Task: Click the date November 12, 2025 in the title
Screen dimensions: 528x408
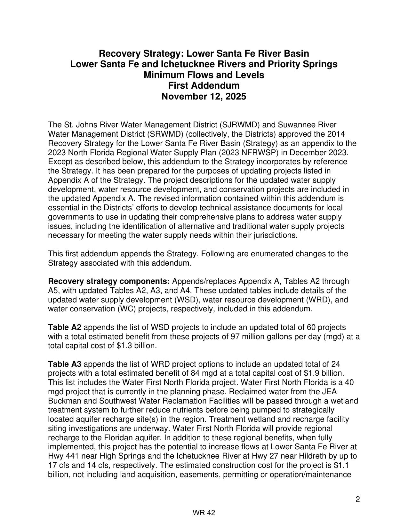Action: pyautogui.click(x=204, y=97)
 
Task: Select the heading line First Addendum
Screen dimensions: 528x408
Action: pyautogui.click(x=204, y=86)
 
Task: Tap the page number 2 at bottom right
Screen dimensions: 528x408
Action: pyautogui.click(x=357, y=500)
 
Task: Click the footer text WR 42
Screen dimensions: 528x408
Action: pyautogui.click(x=204, y=513)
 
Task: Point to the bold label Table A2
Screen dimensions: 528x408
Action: pyautogui.click(x=65, y=327)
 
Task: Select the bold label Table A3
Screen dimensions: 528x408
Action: pyautogui.click(x=65, y=364)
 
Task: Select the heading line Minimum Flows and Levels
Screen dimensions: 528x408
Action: pyautogui.click(x=204, y=75)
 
